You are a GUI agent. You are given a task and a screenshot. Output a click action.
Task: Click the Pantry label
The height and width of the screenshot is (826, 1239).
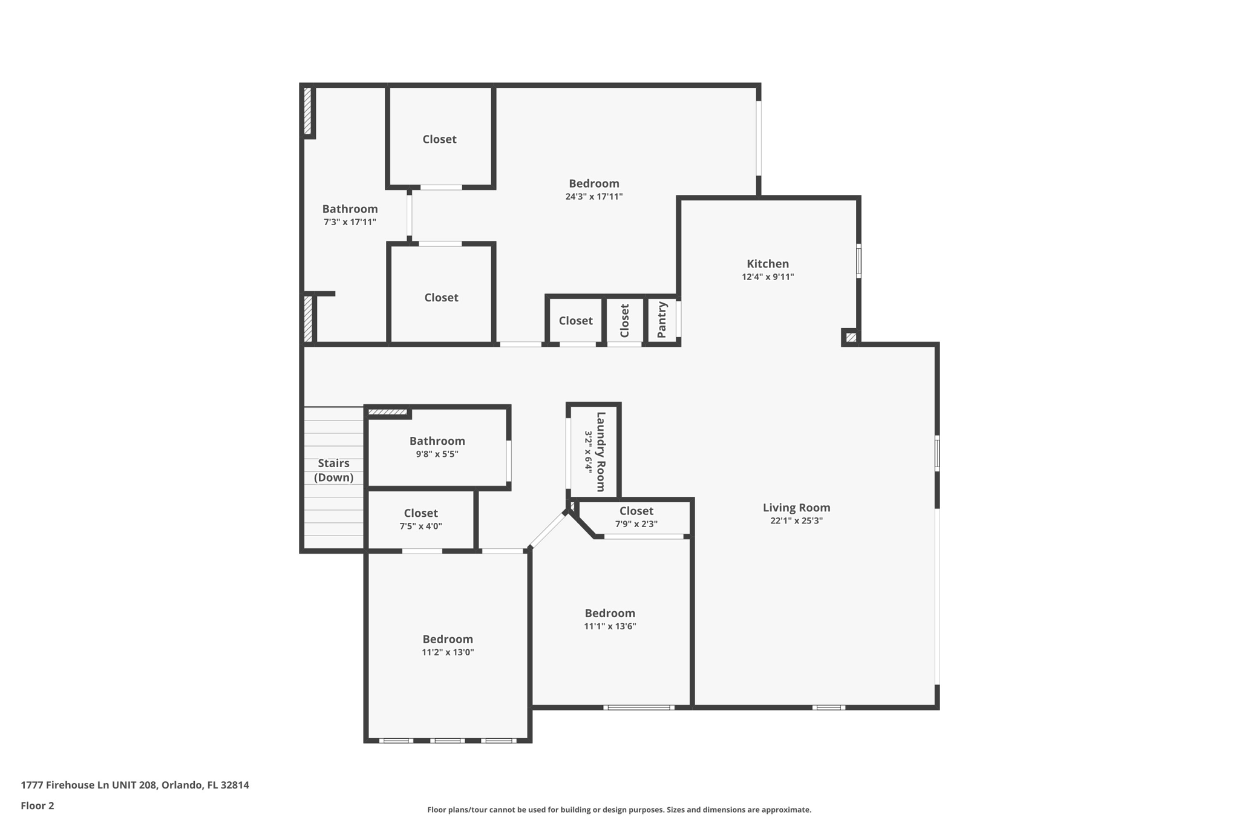click(662, 320)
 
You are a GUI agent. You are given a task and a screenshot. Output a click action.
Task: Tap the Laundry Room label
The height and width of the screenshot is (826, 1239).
click(601, 451)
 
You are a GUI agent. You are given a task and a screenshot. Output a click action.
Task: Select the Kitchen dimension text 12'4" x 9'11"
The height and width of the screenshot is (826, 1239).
click(768, 277)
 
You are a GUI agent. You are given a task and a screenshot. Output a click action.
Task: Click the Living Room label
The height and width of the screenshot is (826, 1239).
click(796, 508)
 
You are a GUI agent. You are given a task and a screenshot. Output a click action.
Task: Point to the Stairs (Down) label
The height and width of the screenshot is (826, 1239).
click(333, 470)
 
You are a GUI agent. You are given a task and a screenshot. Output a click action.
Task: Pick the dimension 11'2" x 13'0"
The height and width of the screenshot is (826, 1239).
click(448, 652)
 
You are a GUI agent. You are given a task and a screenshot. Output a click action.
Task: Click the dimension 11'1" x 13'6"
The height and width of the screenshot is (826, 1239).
click(610, 626)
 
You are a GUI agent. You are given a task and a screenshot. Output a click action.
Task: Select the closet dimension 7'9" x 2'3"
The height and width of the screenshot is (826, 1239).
click(636, 524)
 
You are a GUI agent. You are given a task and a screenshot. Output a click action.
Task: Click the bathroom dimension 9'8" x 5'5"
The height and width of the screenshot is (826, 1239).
click(437, 454)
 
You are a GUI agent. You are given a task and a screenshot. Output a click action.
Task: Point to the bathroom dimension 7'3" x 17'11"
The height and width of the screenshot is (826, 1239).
click(350, 222)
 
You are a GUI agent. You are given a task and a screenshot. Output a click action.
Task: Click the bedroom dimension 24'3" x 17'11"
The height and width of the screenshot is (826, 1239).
click(593, 197)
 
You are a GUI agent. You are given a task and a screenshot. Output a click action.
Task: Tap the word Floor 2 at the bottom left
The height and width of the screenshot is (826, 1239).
click(38, 805)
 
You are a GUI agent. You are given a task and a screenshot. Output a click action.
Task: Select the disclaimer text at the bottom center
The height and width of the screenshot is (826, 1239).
click(619, 810)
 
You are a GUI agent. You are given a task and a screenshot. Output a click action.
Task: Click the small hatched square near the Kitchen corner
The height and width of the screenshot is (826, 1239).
click(851, 337)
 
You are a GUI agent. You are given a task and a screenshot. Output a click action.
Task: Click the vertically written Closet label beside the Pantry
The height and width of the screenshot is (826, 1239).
click(625, 320)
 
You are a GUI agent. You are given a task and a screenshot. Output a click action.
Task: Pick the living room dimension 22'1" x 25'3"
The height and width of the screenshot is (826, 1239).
click(796, 520)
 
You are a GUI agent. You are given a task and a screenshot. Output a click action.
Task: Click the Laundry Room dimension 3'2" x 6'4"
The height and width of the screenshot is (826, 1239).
click(588, 451)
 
